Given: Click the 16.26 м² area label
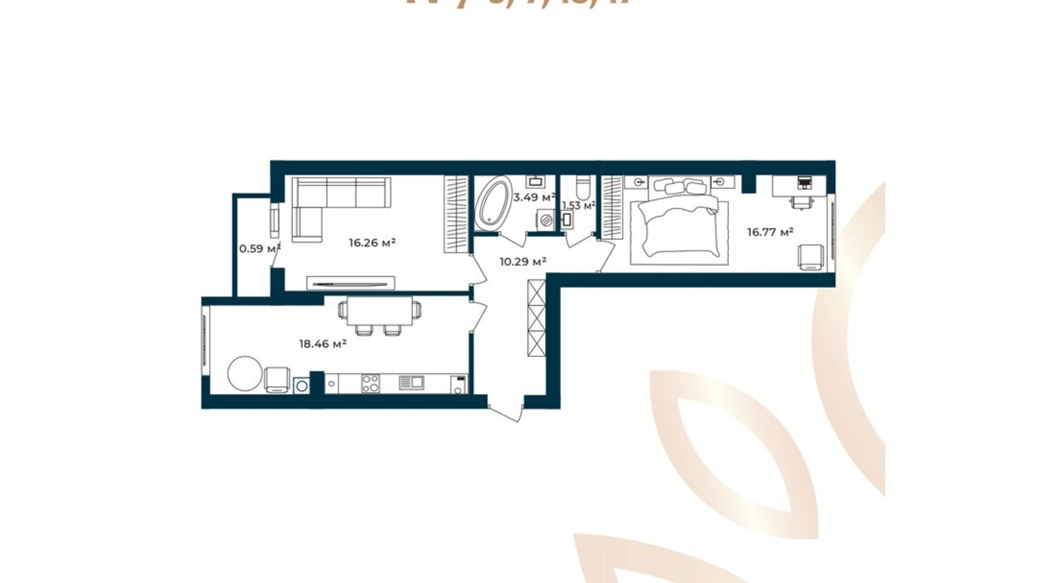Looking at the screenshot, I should (372, 243).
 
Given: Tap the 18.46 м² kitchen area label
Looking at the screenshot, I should (322, 344).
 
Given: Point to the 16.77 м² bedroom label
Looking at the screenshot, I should (770, 232).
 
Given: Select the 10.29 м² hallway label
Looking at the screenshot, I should (522, 261).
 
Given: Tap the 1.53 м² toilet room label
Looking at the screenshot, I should (578, 206).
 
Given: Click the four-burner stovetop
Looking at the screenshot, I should (370, 383).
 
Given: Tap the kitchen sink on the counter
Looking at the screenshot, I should (411, 383).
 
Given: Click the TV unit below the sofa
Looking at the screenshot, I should (351, 283).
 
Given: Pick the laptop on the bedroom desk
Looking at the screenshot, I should (804, 182).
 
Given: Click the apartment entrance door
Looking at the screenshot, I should (506, 412).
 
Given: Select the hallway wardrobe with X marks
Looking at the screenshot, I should (536, 318).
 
